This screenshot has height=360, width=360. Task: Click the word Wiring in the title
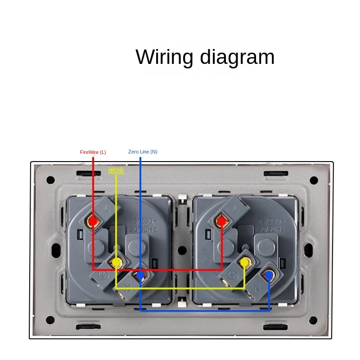point(165,58)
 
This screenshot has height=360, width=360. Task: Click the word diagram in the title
point(237,58)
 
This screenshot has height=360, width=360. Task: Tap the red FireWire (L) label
point(93,152)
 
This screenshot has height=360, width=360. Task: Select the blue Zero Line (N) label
point(143,152)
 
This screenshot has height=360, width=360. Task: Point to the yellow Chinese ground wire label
point(116,171)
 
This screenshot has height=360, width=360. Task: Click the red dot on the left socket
point(93,221)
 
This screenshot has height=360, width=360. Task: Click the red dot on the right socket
point(221,221)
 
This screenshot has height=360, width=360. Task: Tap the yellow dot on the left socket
point(116,262)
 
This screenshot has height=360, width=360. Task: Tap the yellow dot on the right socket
point(245,262)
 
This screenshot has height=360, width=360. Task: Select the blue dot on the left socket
point(140,274)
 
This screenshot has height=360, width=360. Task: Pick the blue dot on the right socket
point(270,274)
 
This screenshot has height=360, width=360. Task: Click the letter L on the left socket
point(107,207)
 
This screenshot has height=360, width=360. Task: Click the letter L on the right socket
point(236,207)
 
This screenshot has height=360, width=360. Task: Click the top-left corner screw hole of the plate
point(50,180)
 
